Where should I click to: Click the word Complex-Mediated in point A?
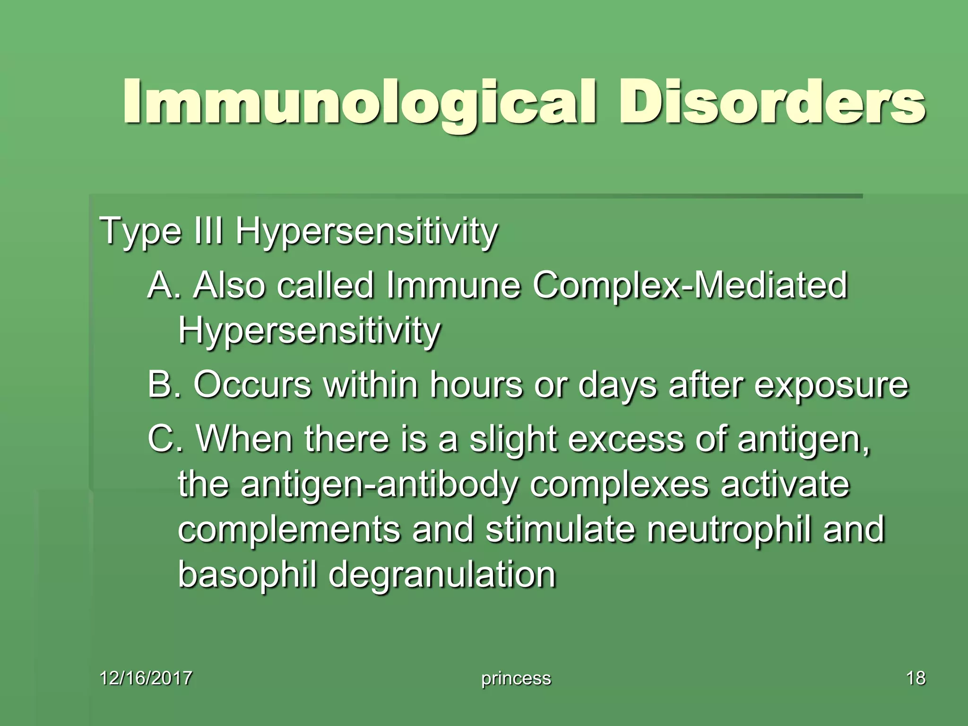[690, 285]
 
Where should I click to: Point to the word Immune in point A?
[453, 285]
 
